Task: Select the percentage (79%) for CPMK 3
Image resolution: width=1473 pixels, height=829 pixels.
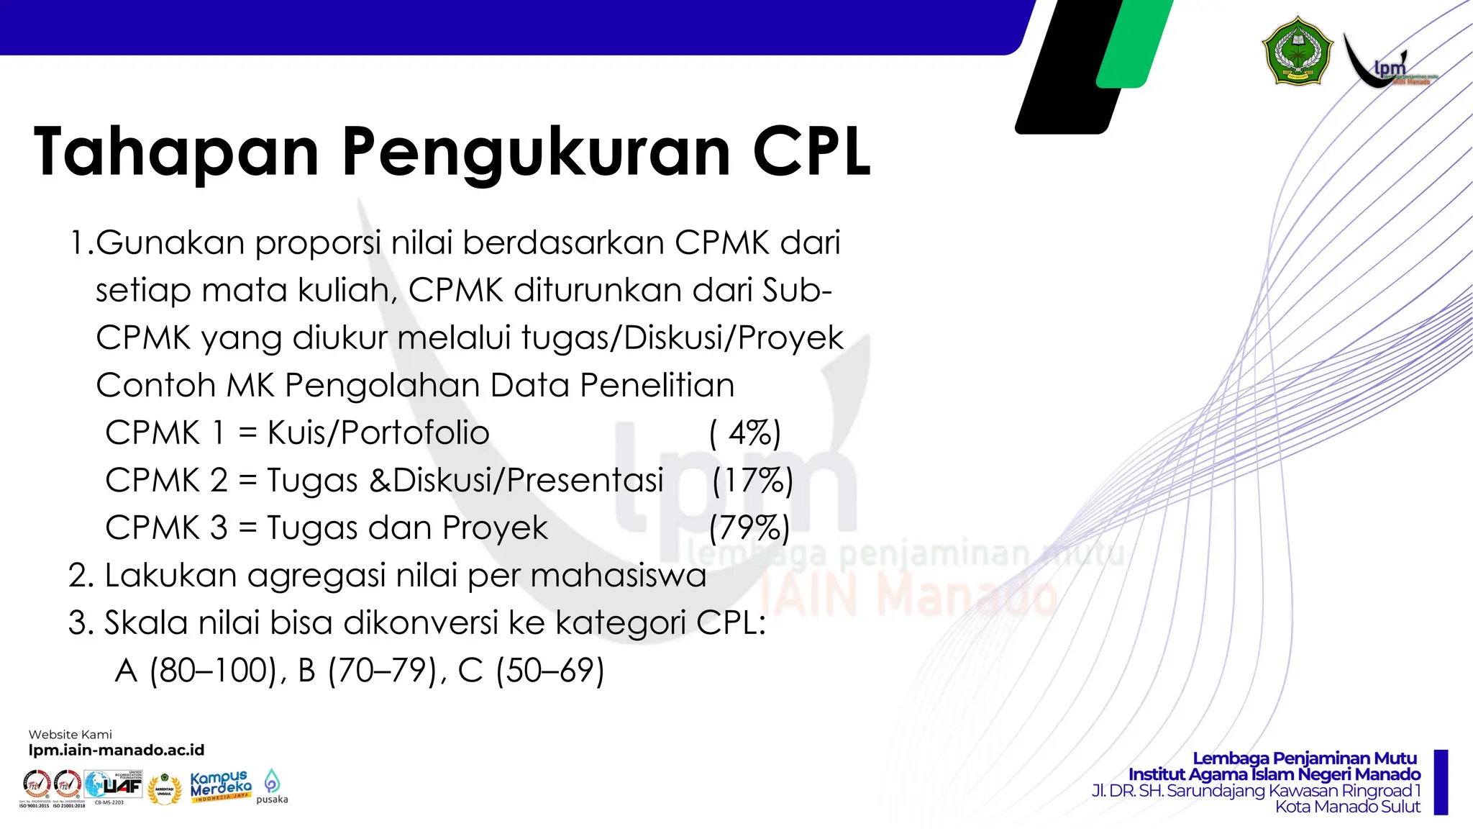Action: click(x=749, y=527)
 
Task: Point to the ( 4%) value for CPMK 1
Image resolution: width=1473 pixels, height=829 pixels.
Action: click(x=745, y=432)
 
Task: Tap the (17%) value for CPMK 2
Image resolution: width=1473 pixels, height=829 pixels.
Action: click(x=752, y=480)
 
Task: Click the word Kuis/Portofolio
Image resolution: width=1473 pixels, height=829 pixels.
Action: click(x=378, y=432)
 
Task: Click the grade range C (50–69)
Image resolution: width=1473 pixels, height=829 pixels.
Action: click(x=531, y=670)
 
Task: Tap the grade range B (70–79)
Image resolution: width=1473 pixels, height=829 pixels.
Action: click(x=367, y=670)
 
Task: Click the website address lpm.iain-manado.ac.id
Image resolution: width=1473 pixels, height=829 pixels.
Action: click(x=117, y=750)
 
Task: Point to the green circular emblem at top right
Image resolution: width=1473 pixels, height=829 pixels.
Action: click(x=1298, y=51)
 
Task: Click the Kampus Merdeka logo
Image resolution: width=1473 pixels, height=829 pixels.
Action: click(x=221, y=786)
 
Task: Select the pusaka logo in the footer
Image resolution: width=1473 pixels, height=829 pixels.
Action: click(x=272, y=786)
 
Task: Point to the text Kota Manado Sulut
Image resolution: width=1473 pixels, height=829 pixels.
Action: click(x=1347, y=807)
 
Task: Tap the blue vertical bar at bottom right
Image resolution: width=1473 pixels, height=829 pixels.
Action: click(x=1441, y=782)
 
